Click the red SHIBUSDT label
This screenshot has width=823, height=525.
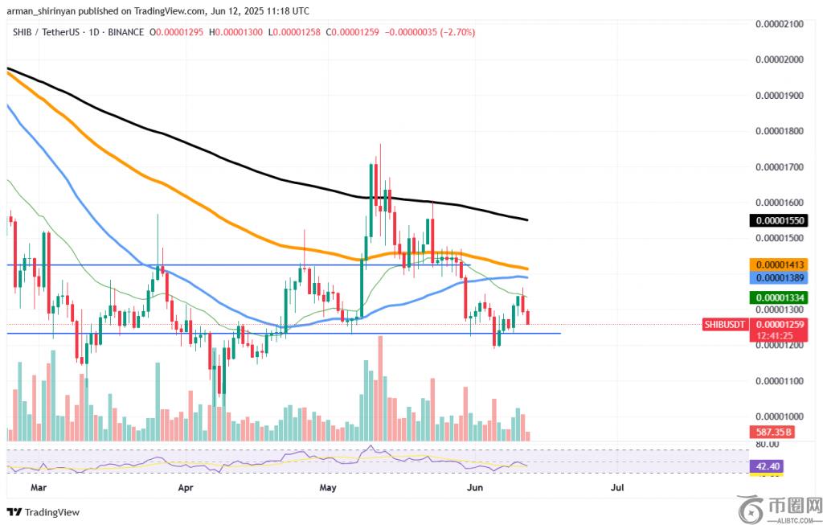[725, 324]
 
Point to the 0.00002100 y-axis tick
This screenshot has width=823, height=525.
[780, 24]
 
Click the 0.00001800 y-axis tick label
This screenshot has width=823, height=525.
[780, 131]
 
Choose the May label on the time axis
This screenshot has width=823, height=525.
[327, 487]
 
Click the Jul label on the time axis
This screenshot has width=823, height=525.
[617, 487]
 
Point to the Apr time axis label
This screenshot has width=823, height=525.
[186, 487]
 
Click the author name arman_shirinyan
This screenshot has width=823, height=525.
[41, 10]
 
